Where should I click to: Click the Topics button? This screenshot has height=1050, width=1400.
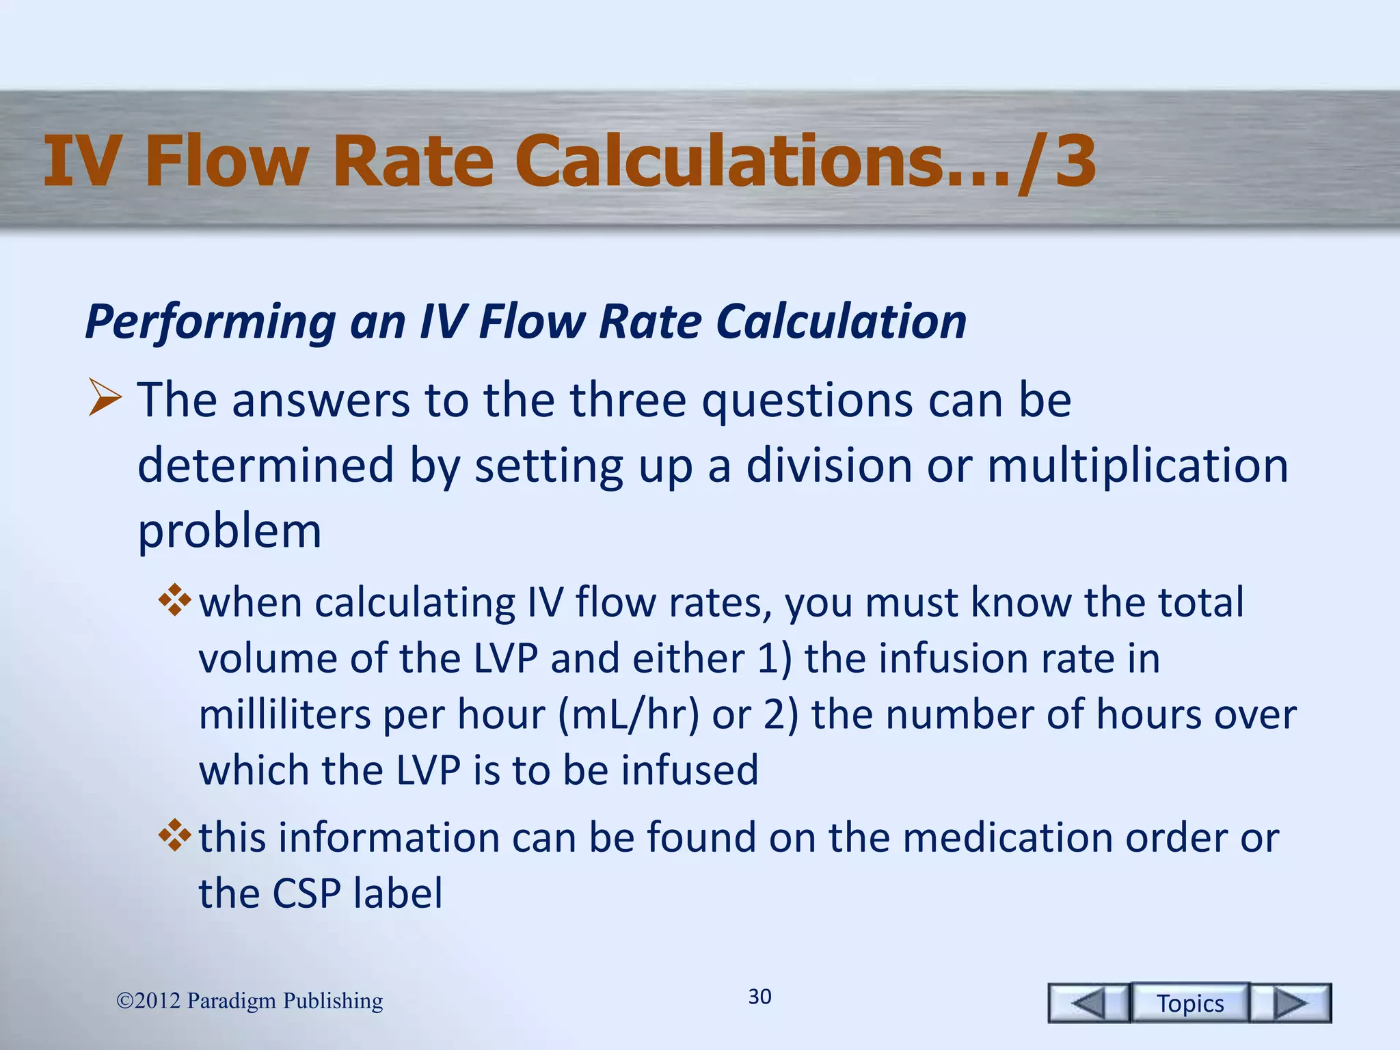(x=1189, y=1003)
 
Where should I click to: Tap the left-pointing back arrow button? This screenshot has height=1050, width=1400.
(x=1088, y=1003)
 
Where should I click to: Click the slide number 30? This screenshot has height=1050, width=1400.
(x=759, y=996)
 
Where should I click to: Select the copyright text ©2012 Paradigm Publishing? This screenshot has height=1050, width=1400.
(x=250, y=1000)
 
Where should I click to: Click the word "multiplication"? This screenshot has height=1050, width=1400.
(x=1137, y=466)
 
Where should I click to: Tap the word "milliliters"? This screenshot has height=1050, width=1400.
(x=284, y=714)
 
